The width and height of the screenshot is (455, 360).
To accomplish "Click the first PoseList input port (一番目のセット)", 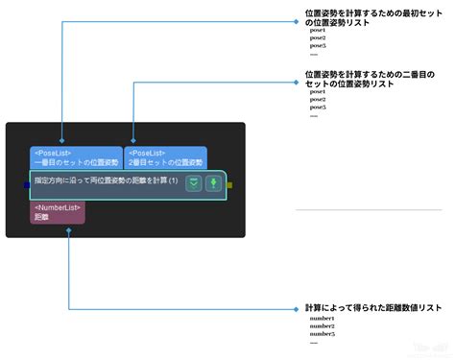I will click(x=76, y=157).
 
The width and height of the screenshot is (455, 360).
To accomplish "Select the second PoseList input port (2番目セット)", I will click(x=164, y=157).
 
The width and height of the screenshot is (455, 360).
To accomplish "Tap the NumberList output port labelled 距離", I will click(x=59, y=212).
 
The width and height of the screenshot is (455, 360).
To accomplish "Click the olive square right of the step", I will click(x=229, y=184).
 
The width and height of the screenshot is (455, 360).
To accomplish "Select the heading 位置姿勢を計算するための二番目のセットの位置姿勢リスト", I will click(x=365, y=79).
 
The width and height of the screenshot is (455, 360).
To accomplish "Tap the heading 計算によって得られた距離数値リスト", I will click(x=372, y=308).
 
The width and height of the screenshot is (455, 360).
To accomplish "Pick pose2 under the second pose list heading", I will click(x=318, y=99).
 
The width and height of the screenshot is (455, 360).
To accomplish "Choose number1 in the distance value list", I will click(x=322, y=318).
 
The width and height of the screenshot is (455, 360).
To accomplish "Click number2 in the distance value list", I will click(x=322, y=325).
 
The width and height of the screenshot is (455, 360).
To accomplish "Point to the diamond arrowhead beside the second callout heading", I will click(x=297, y=83).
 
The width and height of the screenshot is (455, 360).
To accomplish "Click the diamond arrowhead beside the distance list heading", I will click(x=297, y=309).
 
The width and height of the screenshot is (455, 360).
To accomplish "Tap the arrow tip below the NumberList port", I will click(x=67, y=230).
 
